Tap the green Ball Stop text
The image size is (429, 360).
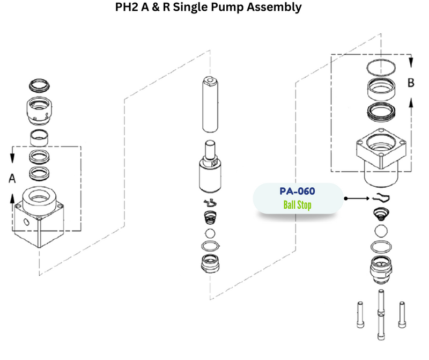pyautogui.click(x=297, y=205)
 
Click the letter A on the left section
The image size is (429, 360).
pyautogui.click(x=12, y=179)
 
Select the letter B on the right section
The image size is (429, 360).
pyautogui.click(x=411, y=83)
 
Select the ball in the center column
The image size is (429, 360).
pyautogui.click(x=210, y=234)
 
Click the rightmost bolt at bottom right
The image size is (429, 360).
pyautogui.click(x=402, y=316)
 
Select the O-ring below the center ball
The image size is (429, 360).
pyautogui.click(x=210, y=247)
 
